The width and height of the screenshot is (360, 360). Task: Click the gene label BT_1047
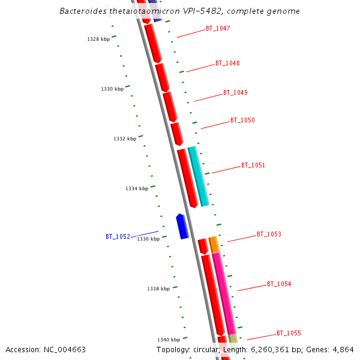tap(218, 28)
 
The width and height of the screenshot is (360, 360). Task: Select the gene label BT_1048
tap(227, 63)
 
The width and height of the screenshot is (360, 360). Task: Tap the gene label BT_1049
tap(235, 92)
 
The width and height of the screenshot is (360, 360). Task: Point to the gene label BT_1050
tap(242, 120)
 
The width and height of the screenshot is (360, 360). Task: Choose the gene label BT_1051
tap(253, 165)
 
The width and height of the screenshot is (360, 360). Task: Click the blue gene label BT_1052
tap(118, 236)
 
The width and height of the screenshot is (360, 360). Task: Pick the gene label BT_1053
tap(269, 234)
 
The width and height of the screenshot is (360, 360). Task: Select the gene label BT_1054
tap(279, 284)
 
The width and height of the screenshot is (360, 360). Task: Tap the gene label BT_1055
tap(289, 333)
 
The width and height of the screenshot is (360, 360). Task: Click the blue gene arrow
tap(182, 226)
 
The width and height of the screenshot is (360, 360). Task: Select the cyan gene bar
tap(198, 176)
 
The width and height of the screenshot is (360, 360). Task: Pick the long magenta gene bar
tap(223, 292)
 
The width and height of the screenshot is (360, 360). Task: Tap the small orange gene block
tap(214, 244)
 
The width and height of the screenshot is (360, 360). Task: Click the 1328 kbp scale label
tap(98, 39)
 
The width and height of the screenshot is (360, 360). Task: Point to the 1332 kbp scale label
tap(125, 139)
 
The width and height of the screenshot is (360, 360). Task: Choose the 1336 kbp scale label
tap(148, 239)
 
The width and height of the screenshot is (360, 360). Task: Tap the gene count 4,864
tap(343, 349)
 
